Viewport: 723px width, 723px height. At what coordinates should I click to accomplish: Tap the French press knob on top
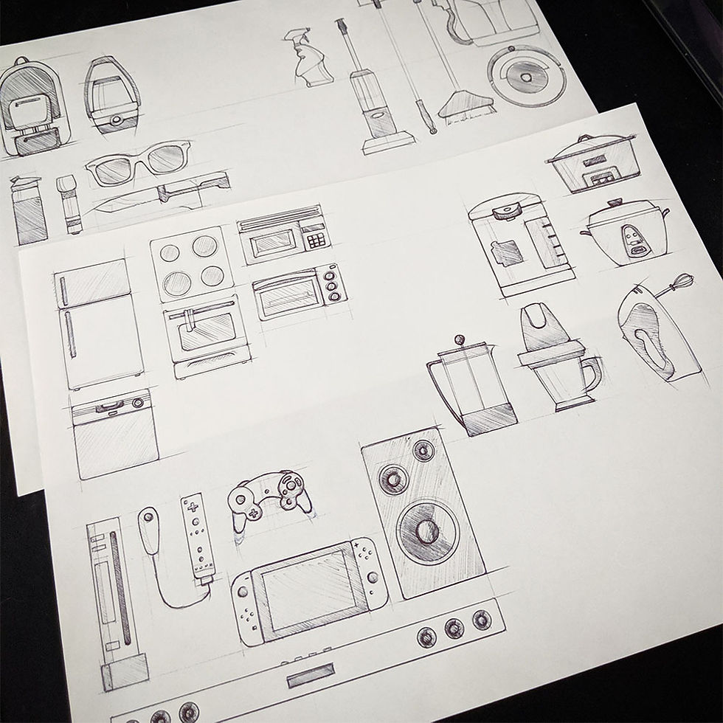click(x=459, y=340)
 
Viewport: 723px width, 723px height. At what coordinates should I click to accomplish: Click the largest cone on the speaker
click(x=426, y=530)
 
